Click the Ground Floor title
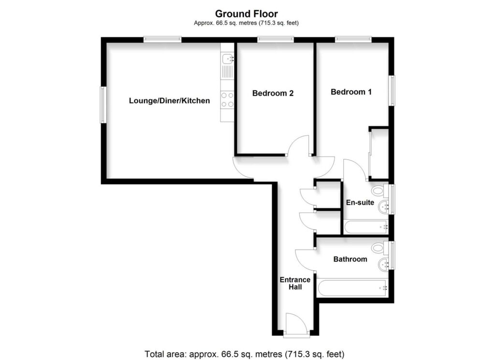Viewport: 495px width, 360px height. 247,14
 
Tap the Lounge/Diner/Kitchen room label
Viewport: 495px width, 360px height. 169,101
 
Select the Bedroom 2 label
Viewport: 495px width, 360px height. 273,94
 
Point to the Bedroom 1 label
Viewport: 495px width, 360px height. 351,92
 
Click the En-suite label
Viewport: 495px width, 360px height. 360,202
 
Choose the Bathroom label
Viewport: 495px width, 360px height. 350,259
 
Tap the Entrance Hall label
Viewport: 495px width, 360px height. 295,283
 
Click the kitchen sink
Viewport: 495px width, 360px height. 227,60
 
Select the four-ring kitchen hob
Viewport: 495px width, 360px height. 227,100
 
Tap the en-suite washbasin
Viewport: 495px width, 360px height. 384,207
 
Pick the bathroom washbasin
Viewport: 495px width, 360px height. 384,264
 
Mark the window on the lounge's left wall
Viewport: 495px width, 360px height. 102,104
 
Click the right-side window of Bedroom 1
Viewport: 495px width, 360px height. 392,91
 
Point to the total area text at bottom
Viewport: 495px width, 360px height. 244,353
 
